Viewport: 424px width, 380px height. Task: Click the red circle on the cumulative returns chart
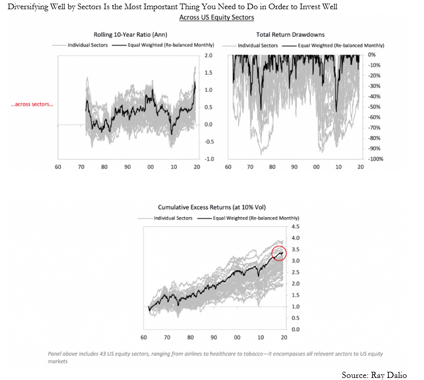pos(278,253)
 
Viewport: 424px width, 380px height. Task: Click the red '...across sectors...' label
pos(32,104)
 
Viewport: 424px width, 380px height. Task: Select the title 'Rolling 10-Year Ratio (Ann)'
pos(124,35)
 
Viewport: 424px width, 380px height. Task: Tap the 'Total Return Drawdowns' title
pos(290,35)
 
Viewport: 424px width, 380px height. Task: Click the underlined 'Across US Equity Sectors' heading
pos(217,17)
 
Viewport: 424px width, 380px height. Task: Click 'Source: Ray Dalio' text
pos(374,375)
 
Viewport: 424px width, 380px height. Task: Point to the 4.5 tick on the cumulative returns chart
pos(295,226)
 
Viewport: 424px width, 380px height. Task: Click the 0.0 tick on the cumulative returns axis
pos(295,329)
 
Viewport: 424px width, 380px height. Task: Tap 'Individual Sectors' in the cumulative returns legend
pos(173,218)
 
